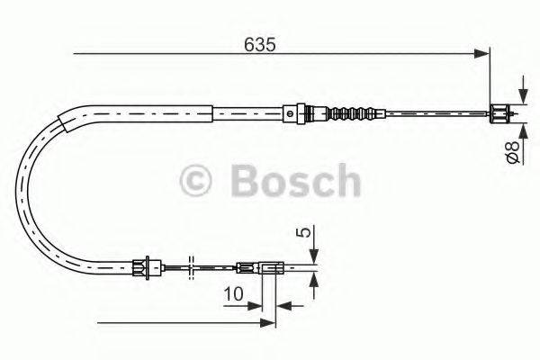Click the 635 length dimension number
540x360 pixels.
[259, 43]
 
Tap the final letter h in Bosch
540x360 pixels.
[344, 181]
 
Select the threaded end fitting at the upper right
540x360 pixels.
[499, 113]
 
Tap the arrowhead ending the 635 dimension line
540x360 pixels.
[481, 56]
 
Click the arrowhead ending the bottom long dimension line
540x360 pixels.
[267, 321]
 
